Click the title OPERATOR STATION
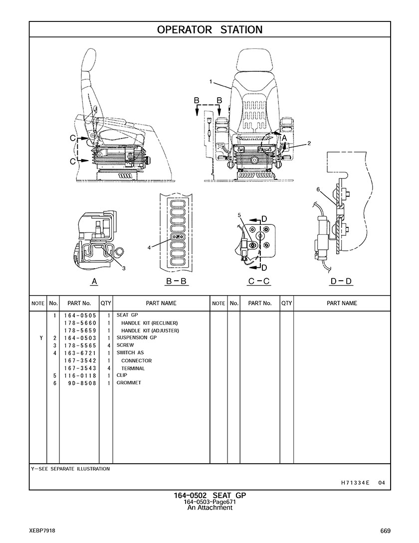tap(209, 29)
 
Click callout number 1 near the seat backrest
tap(211, 81)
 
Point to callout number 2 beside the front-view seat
tap(309, 143)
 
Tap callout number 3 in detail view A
tap(124, 269)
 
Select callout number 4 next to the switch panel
tap(149, 247)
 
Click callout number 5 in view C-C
tap(239, 215)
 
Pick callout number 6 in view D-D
tap(318, 189)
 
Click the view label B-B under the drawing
tap(176, 281)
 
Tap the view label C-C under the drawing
tap(259, 281)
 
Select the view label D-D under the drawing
tap(341, 281)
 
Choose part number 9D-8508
tap(81, 383)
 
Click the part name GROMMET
tap(129, 383)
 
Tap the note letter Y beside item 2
tap(41, 338)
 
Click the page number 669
tap(385, 531)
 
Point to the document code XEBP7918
tap(42, 531)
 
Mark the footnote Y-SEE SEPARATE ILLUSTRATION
tap(70, 469)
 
